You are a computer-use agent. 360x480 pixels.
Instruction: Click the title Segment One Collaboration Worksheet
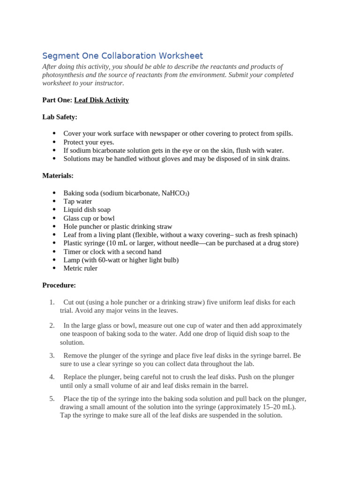(122, 56)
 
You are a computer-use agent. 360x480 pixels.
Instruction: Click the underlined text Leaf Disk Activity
(101, 100)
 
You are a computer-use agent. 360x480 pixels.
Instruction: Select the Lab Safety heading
(60, 117)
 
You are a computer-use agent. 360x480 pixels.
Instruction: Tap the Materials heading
(58, 176)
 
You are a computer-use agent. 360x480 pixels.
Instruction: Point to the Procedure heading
(59, 285)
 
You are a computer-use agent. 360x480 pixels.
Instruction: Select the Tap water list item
(78, 202)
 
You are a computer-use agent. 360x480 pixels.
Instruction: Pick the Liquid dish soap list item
(87, 210)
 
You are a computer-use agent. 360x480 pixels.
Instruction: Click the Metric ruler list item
(81, 268)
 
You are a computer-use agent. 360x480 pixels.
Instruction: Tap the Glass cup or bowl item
(89, 218)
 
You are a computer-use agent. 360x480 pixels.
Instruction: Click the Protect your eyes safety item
(89, 142)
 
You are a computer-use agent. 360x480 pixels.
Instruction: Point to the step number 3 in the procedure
(52, 355)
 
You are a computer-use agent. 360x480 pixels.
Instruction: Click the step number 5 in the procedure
(52, 398)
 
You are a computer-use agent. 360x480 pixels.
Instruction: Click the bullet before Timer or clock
(54, 252)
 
